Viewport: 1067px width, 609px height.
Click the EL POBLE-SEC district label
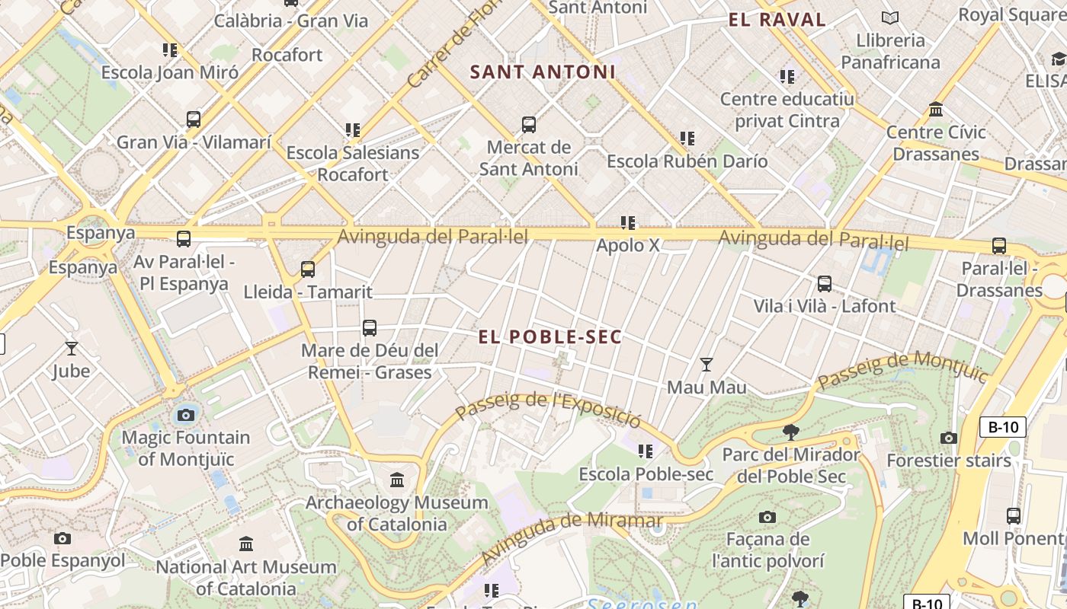[x=550, y=336]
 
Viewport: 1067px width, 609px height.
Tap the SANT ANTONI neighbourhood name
[x=543, y=72]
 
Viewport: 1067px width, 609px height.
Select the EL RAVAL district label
[x=777, y=20]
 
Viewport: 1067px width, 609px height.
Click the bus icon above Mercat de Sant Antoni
[x=528, y=125]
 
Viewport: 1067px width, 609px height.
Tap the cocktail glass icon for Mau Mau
[x=707, y=365]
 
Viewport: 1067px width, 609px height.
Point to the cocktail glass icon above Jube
[x=72, y=349]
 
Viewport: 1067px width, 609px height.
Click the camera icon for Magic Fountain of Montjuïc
[x=186, y=415]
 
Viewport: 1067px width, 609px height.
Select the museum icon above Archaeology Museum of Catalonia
[x=397, y=480]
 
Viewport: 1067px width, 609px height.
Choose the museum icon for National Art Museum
[x=246, y=544]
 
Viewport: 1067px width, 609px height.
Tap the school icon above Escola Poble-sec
[x=646, y=451]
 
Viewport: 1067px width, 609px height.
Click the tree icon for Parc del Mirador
[x=791, y=432]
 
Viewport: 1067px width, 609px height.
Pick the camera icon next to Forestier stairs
[x=949, y=438]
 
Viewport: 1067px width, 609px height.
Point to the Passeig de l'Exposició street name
[x=549, y=409]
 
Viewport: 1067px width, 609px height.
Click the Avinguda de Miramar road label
[x=572, y=537]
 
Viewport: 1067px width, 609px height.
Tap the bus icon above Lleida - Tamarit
[x=308, y=269]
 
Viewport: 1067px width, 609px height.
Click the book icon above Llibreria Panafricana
[x=889, y=18]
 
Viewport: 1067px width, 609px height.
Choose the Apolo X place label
[x=628, y=246]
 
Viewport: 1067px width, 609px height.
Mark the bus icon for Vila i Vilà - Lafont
[x=824, y=284]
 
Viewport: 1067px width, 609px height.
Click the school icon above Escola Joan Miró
[x=170, y=50]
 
